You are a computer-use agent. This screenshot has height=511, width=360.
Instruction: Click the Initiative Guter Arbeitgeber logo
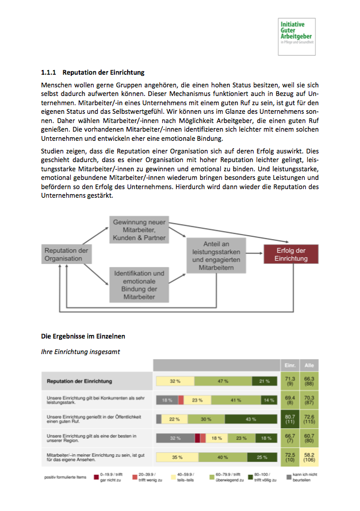point(296,35)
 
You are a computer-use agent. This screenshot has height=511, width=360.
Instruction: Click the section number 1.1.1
point(48,72)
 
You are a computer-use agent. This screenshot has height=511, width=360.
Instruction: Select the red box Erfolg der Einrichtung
point(290,254)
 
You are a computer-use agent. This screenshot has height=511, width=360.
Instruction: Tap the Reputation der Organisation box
point(66,254)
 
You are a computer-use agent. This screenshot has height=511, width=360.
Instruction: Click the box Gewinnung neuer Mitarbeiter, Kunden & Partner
point(139,229)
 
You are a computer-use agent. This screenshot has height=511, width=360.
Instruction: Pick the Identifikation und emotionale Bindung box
point(139,285)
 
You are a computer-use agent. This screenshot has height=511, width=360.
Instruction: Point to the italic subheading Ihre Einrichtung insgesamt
point(80,351)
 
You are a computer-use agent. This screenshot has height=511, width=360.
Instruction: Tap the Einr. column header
point(290,365)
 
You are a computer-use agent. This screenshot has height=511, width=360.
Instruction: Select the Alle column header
point(308,365)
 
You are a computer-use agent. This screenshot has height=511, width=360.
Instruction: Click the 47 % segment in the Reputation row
point(223,381)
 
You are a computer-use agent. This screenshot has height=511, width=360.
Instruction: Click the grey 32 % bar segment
point(175,438)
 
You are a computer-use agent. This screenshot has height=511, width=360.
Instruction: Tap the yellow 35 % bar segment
point(177,457)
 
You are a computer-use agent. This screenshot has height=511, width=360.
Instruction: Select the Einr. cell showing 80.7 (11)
point(290,419)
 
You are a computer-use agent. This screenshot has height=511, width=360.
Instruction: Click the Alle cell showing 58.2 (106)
point(308,457)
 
